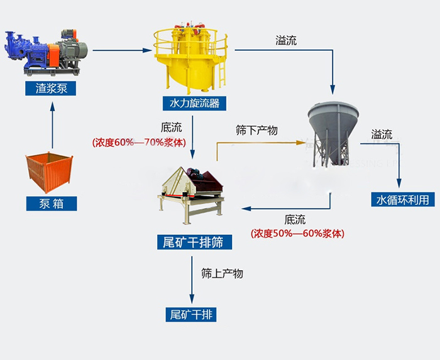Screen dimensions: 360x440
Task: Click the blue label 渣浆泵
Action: click(x=51, y=89)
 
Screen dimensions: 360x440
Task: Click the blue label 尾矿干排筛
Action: click(x=193, y=243)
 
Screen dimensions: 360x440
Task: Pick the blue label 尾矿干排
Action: click(x=193, y=314)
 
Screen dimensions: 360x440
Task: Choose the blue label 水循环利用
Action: click(x=402, y=200)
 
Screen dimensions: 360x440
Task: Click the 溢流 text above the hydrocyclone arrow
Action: click(x=286, y=40)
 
